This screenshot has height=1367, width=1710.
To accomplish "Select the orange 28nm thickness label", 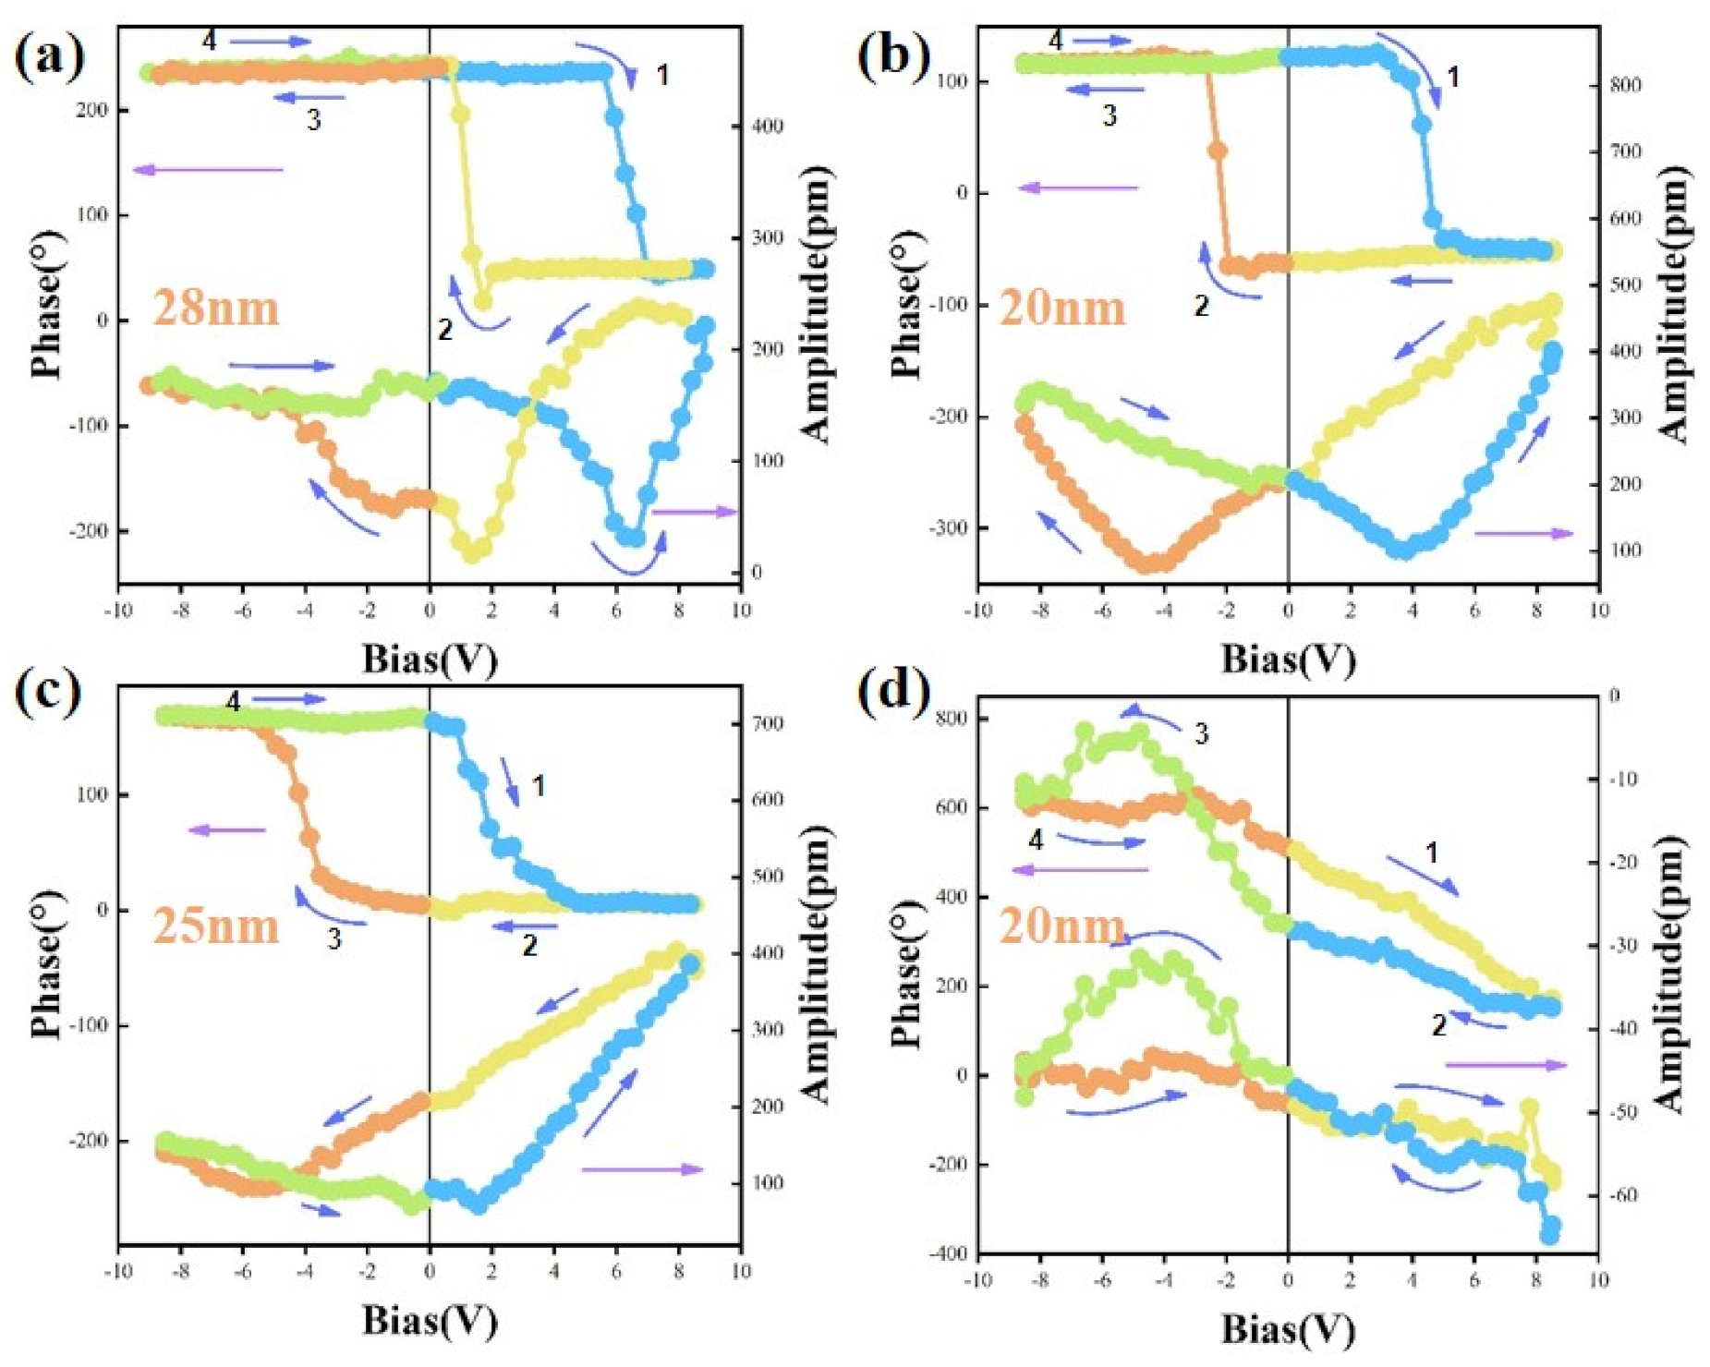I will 215,308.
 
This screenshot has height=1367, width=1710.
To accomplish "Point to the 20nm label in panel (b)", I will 1062,308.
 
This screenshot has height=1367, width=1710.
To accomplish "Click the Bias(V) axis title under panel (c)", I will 430,1321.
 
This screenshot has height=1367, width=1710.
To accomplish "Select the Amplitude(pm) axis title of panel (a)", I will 814,305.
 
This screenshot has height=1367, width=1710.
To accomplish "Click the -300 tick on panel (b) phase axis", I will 948,528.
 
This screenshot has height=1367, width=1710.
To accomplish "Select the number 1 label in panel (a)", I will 662,75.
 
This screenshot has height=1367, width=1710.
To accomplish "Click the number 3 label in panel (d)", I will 1201,734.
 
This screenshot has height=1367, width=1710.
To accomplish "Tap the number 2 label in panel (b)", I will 1201,306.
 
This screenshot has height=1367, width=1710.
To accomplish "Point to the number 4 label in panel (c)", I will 233,703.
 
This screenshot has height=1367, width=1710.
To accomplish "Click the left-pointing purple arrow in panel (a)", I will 209,169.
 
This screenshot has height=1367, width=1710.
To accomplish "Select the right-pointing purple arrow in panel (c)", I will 642,1169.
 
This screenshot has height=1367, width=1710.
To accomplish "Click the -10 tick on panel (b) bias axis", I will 977,611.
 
